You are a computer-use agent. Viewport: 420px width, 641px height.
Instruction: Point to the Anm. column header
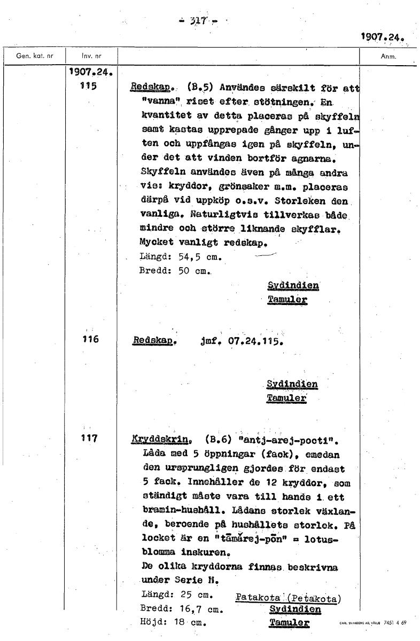point(387,56)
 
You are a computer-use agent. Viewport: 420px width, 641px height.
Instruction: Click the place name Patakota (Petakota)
point(289,598)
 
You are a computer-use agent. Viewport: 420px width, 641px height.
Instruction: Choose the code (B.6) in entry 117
point(219,441)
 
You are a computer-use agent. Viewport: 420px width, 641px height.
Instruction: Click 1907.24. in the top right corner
point(382,37)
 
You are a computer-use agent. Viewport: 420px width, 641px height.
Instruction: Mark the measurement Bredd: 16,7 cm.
point(181,609)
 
